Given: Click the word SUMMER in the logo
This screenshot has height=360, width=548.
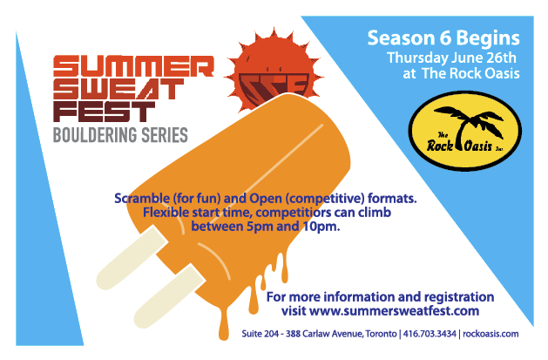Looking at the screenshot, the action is tap(133, 65).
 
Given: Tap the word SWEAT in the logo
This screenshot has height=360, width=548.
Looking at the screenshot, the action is tap(118, 89).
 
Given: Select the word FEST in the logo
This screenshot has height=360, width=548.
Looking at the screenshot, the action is tap(104, 112).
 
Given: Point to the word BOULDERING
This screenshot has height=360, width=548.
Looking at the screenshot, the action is tap(95, 135).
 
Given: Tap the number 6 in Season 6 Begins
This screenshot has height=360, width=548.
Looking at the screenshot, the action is tap(445, 38).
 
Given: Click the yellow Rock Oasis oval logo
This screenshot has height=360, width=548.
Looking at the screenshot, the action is tap(465, 131).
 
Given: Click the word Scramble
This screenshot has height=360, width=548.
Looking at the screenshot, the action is tap(142, 198).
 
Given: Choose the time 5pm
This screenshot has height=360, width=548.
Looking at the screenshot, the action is tap(260, 227).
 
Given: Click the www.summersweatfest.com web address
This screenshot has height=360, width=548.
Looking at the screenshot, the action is tap(394, 310).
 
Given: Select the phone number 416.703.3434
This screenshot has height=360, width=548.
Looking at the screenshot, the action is tap(430, 334).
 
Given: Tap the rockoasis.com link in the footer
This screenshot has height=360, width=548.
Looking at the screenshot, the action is tap(490, 334).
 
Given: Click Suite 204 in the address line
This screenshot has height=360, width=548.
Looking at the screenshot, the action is tap(260, 334).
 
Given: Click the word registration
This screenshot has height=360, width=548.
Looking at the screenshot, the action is tap(459, 297).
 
